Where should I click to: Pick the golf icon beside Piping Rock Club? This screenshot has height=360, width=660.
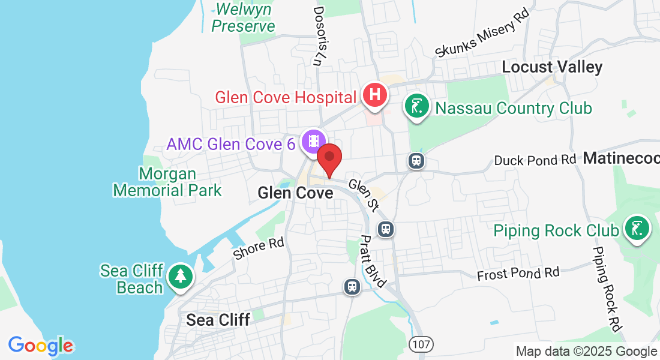pos(637,229)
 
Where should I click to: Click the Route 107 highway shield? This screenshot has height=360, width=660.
pos(421,344)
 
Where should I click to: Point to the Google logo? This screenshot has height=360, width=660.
pos(41,346)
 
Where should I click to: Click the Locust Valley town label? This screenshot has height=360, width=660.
pos(551,67)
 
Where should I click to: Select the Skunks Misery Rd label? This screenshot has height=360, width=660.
pos(483,36)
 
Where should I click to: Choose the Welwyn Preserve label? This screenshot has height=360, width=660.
pos(243,18)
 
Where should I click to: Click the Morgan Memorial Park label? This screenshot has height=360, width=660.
pos(167,182)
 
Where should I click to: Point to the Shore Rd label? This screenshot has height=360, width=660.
pos(258,248)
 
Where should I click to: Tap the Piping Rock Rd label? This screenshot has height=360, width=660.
pos(606,289)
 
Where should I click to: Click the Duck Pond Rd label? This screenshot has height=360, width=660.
pos(535,160)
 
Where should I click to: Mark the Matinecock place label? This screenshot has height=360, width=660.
pos(621,158)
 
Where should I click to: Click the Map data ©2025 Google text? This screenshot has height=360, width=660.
pos(586,352)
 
